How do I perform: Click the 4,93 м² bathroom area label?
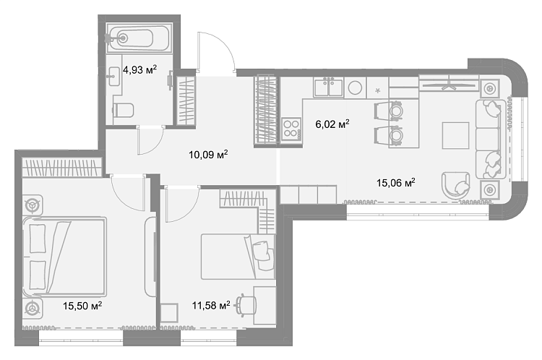click(139, 69)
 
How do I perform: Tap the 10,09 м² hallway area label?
click(208, 154)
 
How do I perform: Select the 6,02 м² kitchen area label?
click(332, 124)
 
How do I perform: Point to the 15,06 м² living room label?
click(396, 182)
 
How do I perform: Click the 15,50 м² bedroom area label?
click(82, 306)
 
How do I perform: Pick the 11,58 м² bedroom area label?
click(211, 305)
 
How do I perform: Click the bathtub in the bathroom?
click(139, 38)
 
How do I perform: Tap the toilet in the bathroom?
click(124, 110)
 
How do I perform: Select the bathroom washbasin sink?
click(113, 76)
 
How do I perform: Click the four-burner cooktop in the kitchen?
click(291, 129)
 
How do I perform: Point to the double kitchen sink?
click(328, 87)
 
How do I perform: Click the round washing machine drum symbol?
click(355, 88)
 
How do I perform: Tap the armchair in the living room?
click(456, 186)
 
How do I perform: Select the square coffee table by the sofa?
click(455, 135)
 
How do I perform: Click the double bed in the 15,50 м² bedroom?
click(64, 257)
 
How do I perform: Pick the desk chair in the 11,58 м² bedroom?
click(246, 305)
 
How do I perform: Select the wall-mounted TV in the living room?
click(449, 85)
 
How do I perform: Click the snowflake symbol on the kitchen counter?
click(378, 90)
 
